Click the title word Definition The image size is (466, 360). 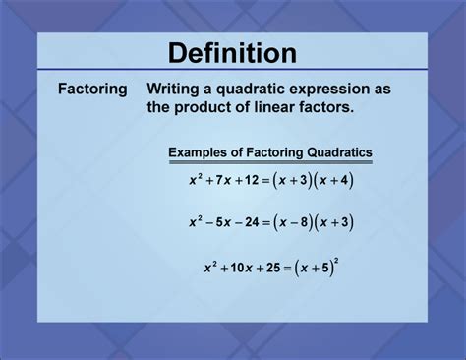tap(232, 52)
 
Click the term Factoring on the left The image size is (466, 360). tap(91, 90)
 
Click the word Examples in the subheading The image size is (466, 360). tap(202, 152)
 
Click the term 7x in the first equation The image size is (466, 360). tap(225, 181)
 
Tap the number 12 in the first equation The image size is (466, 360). tap(256, 181)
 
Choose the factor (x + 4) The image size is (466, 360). tap(335, 181)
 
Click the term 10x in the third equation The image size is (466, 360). tap(244, 268)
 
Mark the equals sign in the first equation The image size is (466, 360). tap(270, 181)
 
